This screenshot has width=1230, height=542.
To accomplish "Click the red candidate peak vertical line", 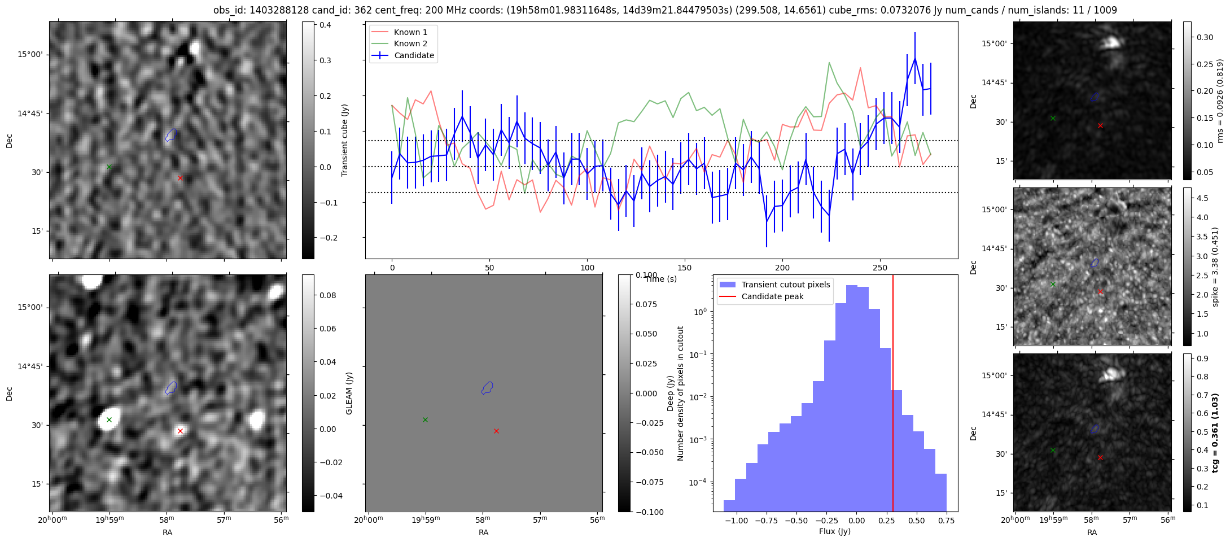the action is (893, 394).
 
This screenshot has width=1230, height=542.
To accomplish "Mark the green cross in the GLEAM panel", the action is (425, 419).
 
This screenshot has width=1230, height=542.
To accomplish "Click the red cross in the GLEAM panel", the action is (496, 431).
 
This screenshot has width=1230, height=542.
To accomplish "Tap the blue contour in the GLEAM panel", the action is (488, 388).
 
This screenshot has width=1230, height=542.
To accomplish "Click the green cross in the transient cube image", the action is (109, 167).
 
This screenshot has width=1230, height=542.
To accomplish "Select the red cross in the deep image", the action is (180, 431).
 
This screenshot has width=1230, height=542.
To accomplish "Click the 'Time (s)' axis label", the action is (661, 279).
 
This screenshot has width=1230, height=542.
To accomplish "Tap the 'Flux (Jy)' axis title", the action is (834, 531).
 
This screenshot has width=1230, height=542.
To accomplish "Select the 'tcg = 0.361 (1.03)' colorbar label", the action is (1215, 433).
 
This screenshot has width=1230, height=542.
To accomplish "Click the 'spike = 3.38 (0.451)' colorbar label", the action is (1215, 266).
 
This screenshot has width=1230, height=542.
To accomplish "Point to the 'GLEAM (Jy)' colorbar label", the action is (349, 394).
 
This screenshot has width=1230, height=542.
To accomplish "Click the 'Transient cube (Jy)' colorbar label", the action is (345, 140).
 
